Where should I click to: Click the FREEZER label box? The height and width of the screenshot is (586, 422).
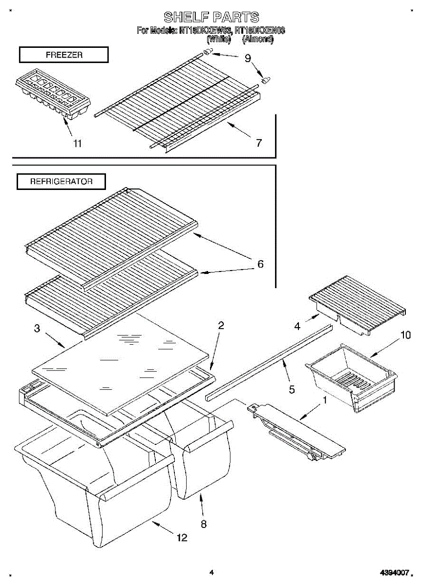[x=63, y=55]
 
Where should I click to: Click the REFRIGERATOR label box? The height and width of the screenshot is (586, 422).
[x=61, y=182]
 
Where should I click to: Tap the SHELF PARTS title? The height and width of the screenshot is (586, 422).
[x=211, y=18]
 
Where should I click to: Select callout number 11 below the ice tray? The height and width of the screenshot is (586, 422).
[x=77, y=143]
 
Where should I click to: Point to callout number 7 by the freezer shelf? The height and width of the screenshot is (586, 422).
[x=258, y=143]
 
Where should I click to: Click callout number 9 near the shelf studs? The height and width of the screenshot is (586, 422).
[x=248, y=59]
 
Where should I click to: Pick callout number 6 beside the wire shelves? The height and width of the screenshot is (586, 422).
[x=260, y=264]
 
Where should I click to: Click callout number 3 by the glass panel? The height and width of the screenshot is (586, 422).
[x=37, y=328]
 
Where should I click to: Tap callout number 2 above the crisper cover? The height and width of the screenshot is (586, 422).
[x=221, y=325]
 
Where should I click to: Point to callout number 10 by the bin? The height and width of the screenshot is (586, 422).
[x=405, y=335]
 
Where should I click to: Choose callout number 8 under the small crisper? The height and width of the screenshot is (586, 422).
[x=203, y=524]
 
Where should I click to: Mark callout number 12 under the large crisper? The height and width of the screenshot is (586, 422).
[x=181, y=538]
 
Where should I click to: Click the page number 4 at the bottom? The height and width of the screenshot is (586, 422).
[x=211, y=572]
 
